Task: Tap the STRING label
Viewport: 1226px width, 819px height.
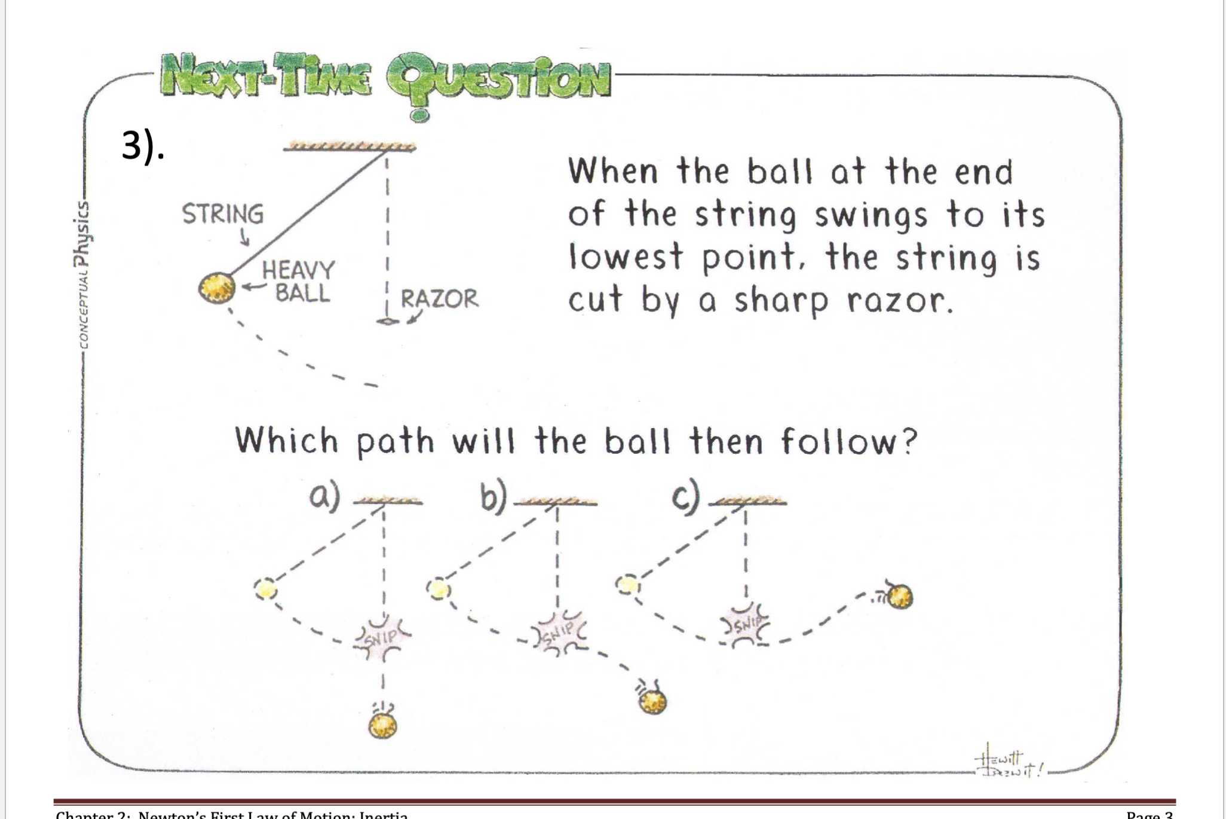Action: click(x=222, y=214)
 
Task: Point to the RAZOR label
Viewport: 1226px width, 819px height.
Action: click(x=439, y=298)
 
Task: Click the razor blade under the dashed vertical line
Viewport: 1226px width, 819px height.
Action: click(x=387, y=322)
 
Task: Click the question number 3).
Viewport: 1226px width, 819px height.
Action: click(x=143, y=145)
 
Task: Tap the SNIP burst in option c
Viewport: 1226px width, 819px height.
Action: click(x=745, y=626)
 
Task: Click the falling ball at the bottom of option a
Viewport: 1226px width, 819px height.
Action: click(x=382, y=726)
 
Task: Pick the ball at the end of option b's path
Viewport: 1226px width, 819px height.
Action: click(x=652, y=702)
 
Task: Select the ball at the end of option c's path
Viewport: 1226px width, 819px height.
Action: click(x=900, y=596)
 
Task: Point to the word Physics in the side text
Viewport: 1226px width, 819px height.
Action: click(x=82, y=233)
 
